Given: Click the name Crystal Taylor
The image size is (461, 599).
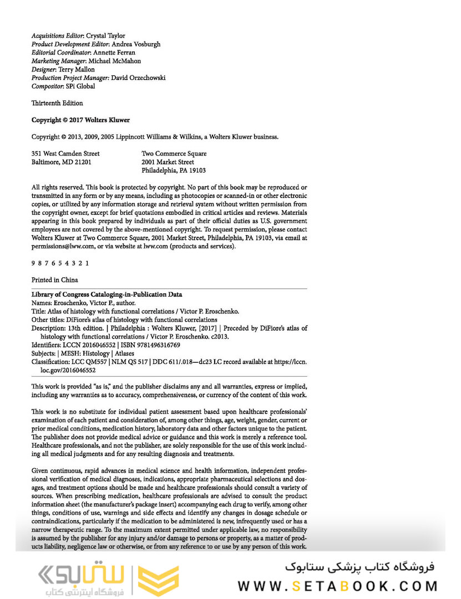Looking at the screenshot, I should pyautogui.click(x=106, y=35).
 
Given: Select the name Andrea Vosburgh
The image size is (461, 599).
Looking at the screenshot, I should pyautogui.click(x=135, y=44).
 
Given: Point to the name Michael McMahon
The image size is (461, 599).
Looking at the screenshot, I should pyautogui.click(x=115, y=61).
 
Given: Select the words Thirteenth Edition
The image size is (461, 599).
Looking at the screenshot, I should pyautogui.click(x=57, y=103).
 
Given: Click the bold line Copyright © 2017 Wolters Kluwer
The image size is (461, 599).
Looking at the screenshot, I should pyautogui.click(x=80, y=120).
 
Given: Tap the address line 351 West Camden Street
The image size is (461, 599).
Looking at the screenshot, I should pyautogui.click(x=65, y=154).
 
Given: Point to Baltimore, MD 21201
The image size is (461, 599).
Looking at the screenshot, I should pyautogui.click(x=61, y=163).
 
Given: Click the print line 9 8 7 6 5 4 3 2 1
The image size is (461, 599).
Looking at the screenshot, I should pyautogui.click(x=59, y=263).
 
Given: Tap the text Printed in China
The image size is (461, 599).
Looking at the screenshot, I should pyautogui.click(x=55, y=280).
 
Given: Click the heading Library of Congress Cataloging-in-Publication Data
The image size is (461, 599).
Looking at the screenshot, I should pyautogui.click(x=107, y=295).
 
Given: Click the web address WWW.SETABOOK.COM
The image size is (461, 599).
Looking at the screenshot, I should pyautogui.click(x=338, y=586).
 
